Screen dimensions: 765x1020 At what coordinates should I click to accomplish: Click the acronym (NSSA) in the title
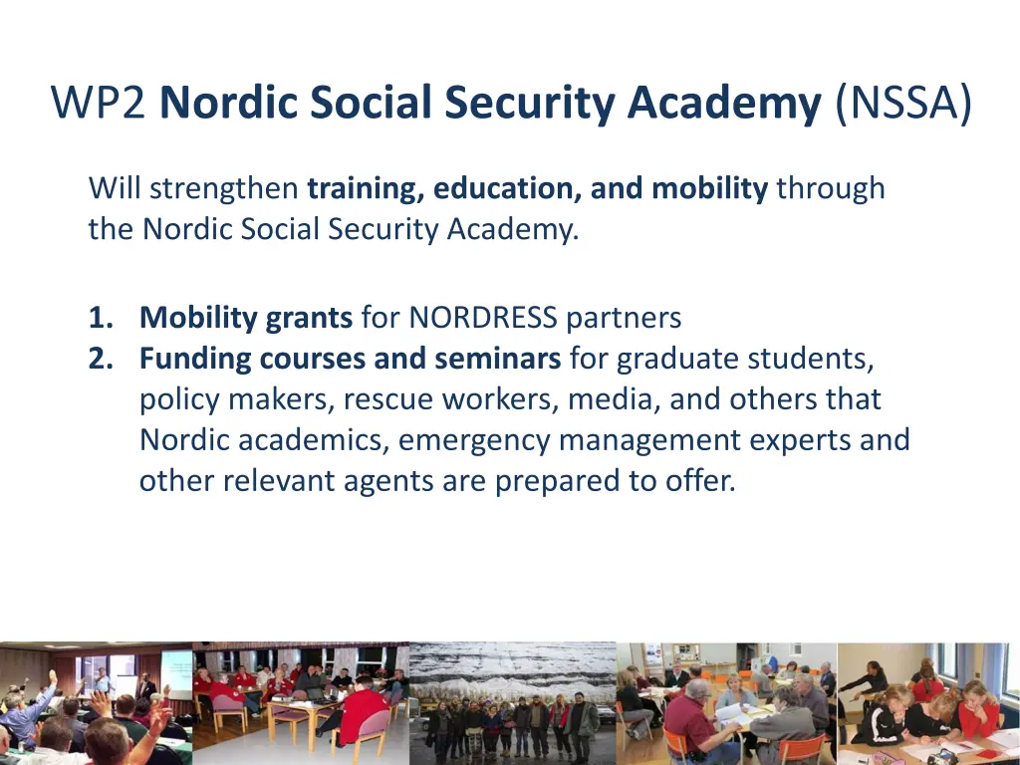tap(903, 104)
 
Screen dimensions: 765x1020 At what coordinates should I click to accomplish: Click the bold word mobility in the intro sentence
tap(709, 188)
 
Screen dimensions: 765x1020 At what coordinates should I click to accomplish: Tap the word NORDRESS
tap(483, 318)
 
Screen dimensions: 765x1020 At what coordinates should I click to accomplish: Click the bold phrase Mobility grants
tap(246, 318)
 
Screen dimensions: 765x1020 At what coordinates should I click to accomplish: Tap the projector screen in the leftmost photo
tap(177, 672)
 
